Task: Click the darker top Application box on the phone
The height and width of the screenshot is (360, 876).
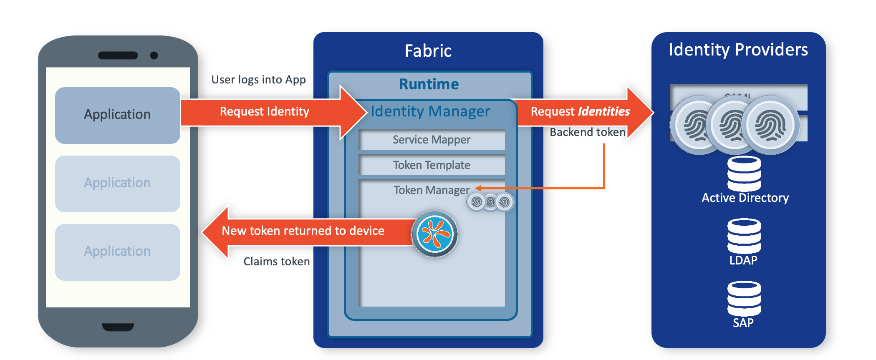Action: click(117, 115)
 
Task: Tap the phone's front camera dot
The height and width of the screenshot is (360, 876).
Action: click(154, 55)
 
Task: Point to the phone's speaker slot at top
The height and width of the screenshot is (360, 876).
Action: click(118, 55)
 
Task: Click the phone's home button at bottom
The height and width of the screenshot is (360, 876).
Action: click(118, 327)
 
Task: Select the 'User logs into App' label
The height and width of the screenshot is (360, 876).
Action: click(258, 79)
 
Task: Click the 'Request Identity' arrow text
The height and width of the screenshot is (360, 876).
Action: click(264, 111)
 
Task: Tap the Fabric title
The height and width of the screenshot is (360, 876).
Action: click(428, 51)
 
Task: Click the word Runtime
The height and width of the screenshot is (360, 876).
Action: click(429, 84)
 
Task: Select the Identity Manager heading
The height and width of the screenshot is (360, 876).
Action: click(430, 111)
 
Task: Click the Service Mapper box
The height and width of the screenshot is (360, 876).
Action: click(431, 140)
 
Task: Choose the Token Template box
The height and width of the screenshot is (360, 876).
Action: click(431, 165)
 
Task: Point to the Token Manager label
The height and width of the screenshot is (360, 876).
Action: click(431, 190)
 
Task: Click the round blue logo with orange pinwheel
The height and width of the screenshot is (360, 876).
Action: click(434, 234)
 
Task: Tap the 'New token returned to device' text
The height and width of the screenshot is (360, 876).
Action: click(303, 231)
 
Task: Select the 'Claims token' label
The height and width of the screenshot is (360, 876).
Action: click(276, 262)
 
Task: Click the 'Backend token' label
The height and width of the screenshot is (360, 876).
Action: click(587, 132)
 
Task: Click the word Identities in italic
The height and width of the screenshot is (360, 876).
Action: click(603, 111)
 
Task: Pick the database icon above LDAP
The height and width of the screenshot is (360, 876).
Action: click(744, 236)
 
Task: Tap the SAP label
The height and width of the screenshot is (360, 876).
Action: click(743, 323)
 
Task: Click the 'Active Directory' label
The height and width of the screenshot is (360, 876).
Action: click(745, 198)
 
